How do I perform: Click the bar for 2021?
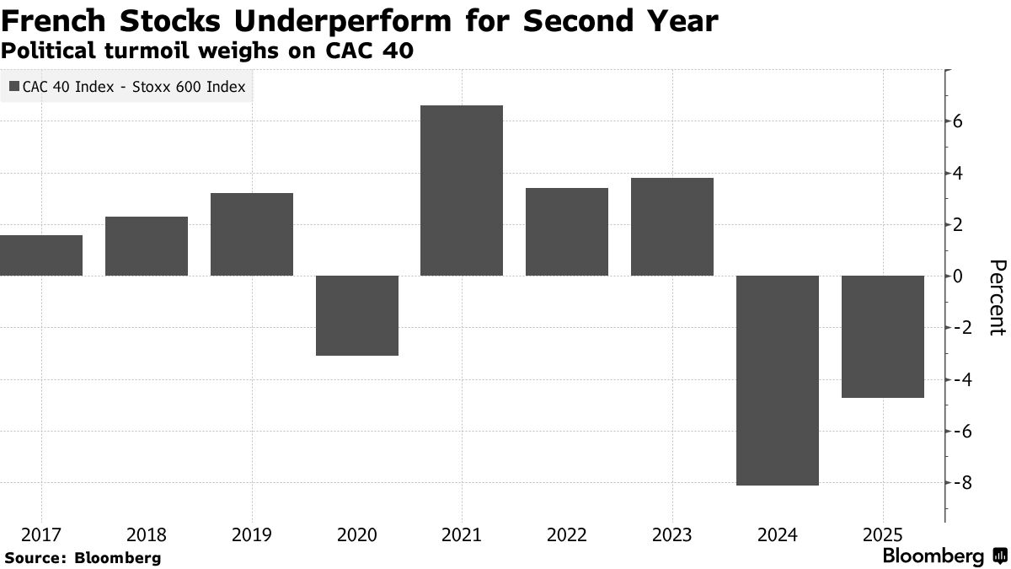click(x=462, y=191)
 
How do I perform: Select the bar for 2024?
click(x=778, y=380)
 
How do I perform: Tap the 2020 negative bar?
click(x=356, y=315)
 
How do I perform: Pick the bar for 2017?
click(x=40, y=255)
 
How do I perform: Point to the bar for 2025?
click(x=883, y=336)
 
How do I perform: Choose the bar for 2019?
click(x=252, y=234)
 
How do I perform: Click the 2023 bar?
click(x=672, y=227)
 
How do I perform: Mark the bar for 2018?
click(x=147, y=246)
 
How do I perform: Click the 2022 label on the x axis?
click(x=567, y=535)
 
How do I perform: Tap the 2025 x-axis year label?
click(x=883, y=535)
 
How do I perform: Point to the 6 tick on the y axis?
click(x=958, y=121)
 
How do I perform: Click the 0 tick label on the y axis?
click(x=958, y=276)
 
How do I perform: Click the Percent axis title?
click(x=996, y=298)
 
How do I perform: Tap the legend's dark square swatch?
click(x=14, y=86)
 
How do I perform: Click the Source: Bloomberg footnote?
click(x=83, y=557)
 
